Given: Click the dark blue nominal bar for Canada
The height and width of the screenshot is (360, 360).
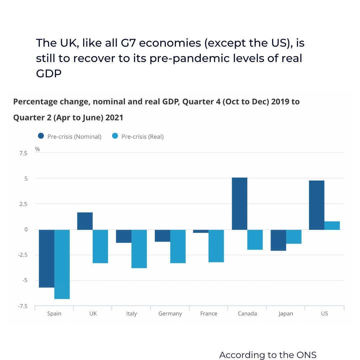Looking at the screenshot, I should coord(239,203).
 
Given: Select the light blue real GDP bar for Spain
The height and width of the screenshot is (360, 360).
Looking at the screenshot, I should coord(62,264).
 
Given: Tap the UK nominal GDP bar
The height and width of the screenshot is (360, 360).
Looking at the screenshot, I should coord(85,221).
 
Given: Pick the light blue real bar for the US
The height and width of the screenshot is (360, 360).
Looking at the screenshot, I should coord(332,225).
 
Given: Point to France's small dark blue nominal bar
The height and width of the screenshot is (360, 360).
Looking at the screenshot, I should coord(201,231).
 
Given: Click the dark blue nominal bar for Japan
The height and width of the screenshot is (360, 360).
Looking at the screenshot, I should coord(278,240).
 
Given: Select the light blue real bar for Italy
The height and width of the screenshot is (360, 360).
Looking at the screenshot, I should coord(139,249).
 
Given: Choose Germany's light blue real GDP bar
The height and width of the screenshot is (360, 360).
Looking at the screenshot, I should coord(178,246).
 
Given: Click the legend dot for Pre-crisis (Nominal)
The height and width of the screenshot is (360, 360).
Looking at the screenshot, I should coord(41,136).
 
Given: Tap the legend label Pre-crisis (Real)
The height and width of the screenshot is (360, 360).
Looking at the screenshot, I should coord(142,137).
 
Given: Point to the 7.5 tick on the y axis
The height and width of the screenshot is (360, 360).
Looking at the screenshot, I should coord(23,153).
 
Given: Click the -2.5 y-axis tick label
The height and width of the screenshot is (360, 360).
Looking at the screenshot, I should coord(22,255).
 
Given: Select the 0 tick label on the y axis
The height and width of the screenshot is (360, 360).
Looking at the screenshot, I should coord(25,230).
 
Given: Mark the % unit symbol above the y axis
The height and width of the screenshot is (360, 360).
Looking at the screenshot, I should coord(37,149).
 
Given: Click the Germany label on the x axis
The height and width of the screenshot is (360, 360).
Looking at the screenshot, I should coord(170,314).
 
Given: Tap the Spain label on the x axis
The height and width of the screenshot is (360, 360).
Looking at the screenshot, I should coord(54,314).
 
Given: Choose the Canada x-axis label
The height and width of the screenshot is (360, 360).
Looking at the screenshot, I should coord(247,314).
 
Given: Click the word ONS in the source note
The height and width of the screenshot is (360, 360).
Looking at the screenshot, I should coord(306,355).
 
